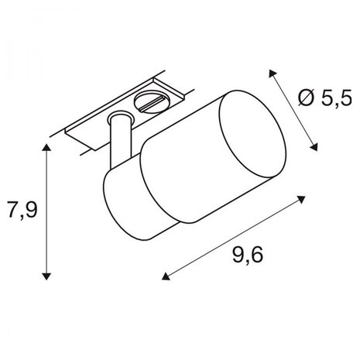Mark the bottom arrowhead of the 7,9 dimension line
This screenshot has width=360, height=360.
[x=48, y=276]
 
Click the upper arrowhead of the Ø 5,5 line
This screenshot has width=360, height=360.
[x=271, y=70]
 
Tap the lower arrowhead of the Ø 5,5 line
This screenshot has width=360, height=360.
[x=314, y=147]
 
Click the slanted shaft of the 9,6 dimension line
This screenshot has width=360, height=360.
[x=232, y=236]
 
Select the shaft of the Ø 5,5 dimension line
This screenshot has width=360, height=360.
[x=293, y=108]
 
